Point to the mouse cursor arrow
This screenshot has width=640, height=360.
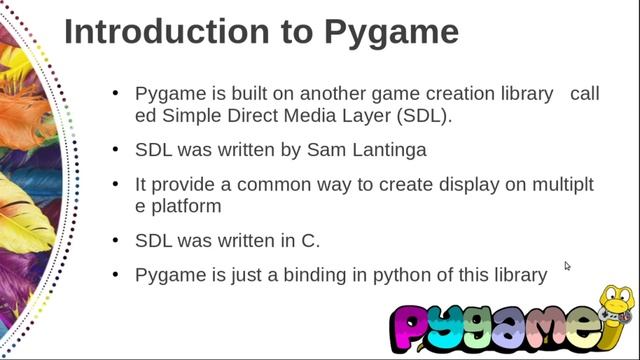[x=567, y=266]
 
